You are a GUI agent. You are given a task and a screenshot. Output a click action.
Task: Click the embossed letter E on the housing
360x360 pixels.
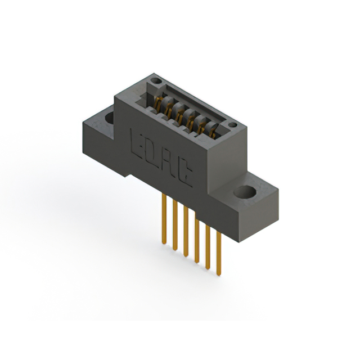coord(137,142)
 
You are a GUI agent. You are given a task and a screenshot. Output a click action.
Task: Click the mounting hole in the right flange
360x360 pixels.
coord(246,192)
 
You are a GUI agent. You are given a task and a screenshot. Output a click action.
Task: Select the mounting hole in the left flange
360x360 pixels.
coord(108,118)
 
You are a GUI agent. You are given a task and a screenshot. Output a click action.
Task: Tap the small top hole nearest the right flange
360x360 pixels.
coord(232,124)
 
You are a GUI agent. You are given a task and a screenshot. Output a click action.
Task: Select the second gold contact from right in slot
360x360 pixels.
coord(202,127)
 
